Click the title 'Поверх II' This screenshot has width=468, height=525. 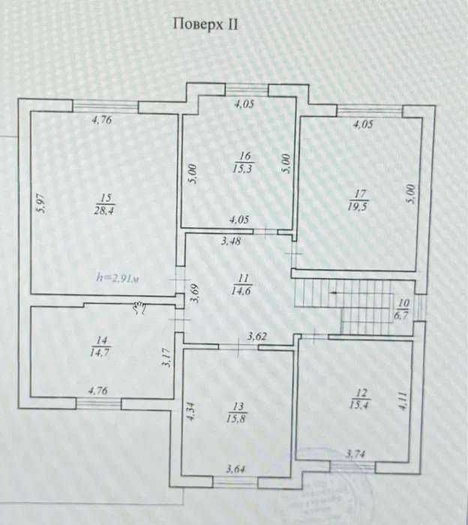tap(205, 23)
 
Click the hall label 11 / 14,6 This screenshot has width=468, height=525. tap(243, 283)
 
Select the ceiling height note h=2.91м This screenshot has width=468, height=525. tap(119, 277)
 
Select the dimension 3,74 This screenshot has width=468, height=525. tap(357, 454)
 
